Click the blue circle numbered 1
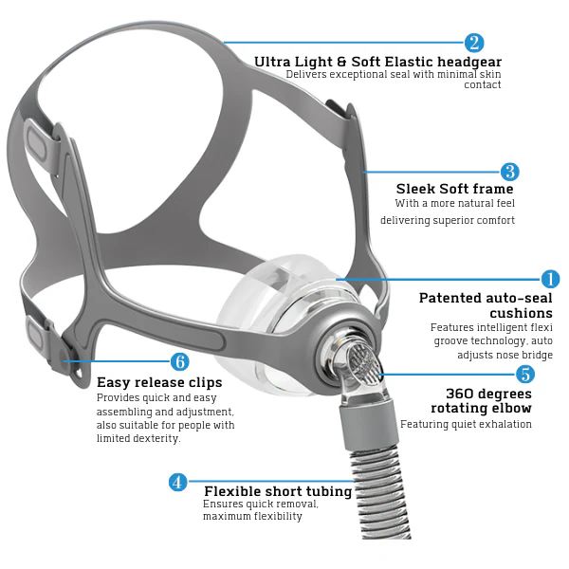[x=550, y=279]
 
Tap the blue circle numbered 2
[x=474, y=43]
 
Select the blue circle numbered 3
[x=510, y=172]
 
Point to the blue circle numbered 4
[x=178, y=483]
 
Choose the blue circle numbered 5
[x=525, y=375]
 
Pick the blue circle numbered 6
[x=180, y=361]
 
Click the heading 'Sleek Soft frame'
[x=454, y=189]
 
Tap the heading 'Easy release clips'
[x=159, y=382]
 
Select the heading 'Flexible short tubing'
[x=278, y=491]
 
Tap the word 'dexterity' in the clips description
[x=156, y=438]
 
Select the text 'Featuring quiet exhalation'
[x=466, y=424]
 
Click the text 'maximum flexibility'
[x=252, y=516]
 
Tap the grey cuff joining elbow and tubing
[x=369, y=423]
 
